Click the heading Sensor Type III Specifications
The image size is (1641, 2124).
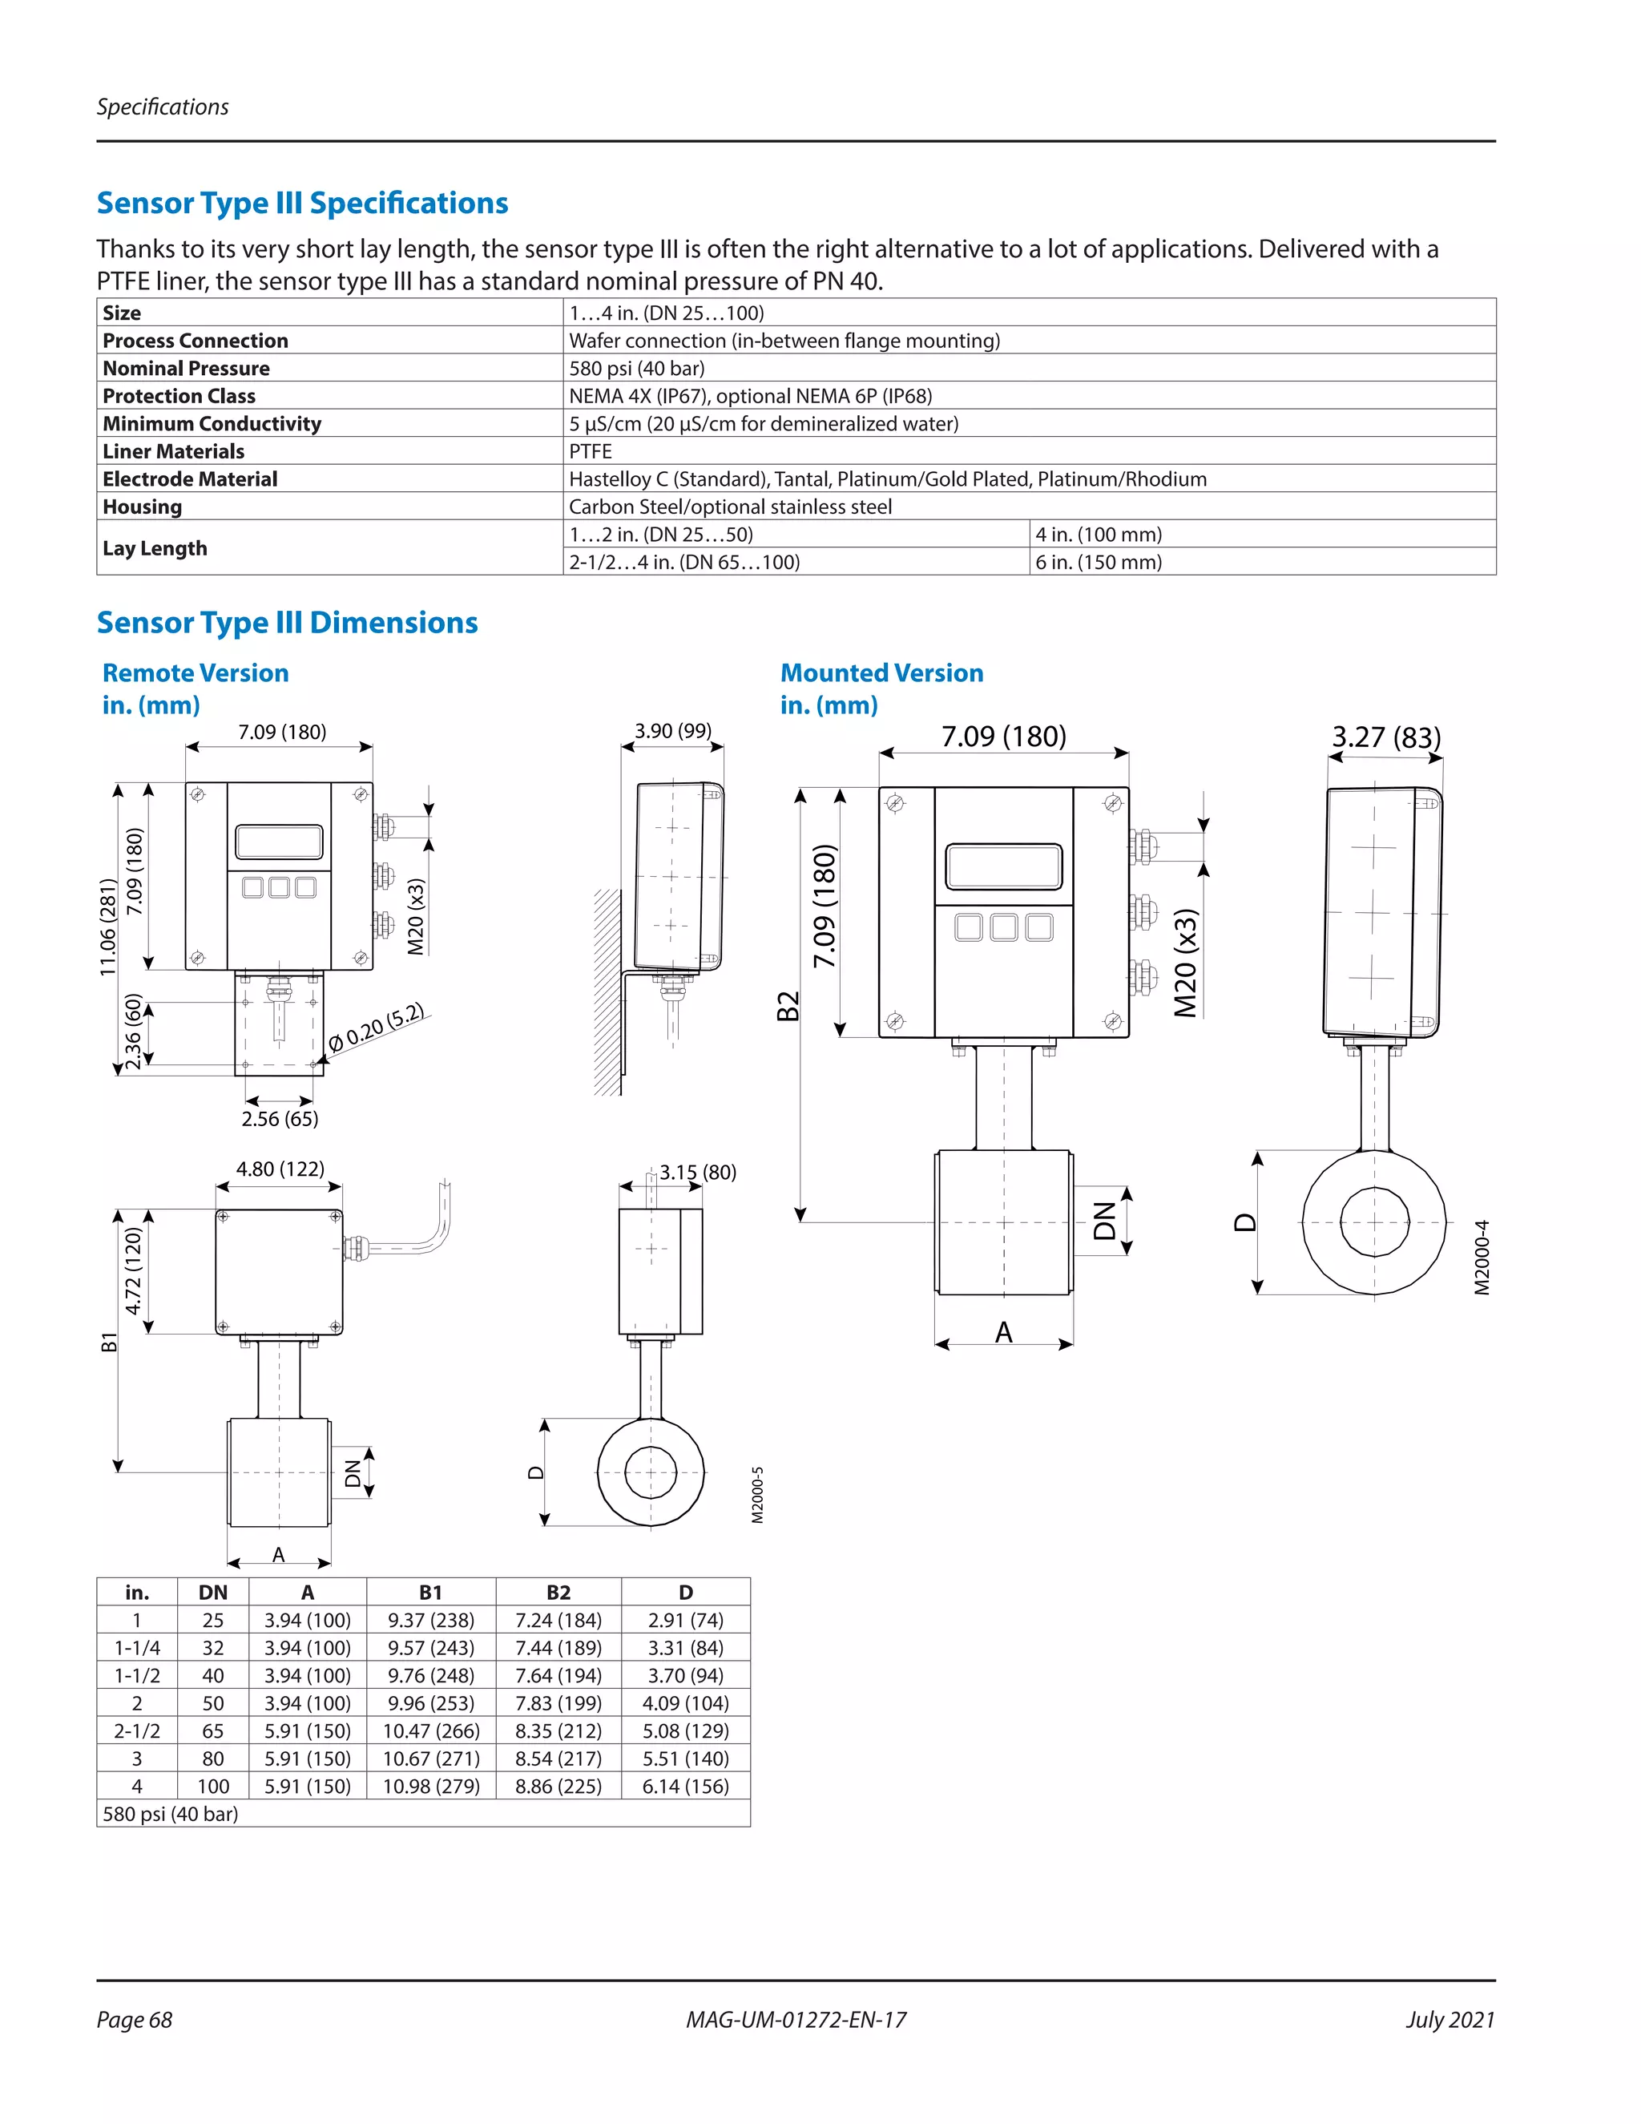[301, 204]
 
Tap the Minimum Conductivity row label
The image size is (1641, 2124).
[212, 424]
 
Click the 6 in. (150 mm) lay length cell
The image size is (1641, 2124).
[1099, 562]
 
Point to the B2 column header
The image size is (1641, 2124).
[558, 1592]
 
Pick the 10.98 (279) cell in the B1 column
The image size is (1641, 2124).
[430, 1786]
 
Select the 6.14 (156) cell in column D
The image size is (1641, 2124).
[685, 1786]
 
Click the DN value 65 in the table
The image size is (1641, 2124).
[213, 1730]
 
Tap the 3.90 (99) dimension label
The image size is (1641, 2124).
[673, 730]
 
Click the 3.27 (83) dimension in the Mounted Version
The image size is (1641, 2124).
[1385, 737]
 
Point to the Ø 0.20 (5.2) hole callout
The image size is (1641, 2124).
[377, 1028]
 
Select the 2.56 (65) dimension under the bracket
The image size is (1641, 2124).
[280, 1118]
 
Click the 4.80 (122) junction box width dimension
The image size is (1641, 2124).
[280, 1169]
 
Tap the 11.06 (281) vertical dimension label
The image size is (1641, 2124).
[108, 927]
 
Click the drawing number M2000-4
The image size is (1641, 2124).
[1481, 1257]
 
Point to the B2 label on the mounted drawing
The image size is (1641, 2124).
[788, 1006]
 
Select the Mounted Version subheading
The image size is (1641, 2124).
[881, 673]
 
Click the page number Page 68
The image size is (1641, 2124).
[134, 2019]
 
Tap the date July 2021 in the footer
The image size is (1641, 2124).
[1449, 2019]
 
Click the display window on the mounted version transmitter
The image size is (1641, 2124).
[1003, 866]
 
